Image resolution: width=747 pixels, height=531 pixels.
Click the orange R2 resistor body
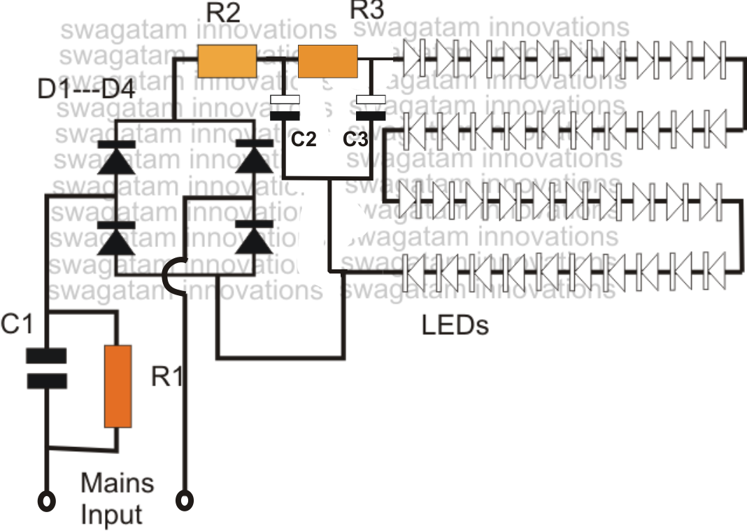(x=227, y=61)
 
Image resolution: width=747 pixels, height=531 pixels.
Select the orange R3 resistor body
(x=328, y=61)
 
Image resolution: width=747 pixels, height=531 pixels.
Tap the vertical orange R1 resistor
(x=118, y=385)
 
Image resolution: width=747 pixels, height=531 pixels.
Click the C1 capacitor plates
(x=46, y=369)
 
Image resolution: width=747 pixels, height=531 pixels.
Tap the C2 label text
(x=304, y=139)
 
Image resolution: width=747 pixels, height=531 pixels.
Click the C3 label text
(x=355, y=139)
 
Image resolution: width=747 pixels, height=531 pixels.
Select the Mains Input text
(x=117, y=498)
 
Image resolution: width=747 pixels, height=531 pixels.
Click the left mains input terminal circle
(x=47, y=501)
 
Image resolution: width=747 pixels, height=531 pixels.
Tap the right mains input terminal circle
(x=186, y=501)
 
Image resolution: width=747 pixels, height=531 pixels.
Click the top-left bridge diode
(x=115, y=160)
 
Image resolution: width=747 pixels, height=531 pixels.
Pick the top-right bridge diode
(x=254, y=160)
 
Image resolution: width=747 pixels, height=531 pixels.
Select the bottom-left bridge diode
(x=115, y=238)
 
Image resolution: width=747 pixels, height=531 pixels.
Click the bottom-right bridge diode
(x=254, y=238)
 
